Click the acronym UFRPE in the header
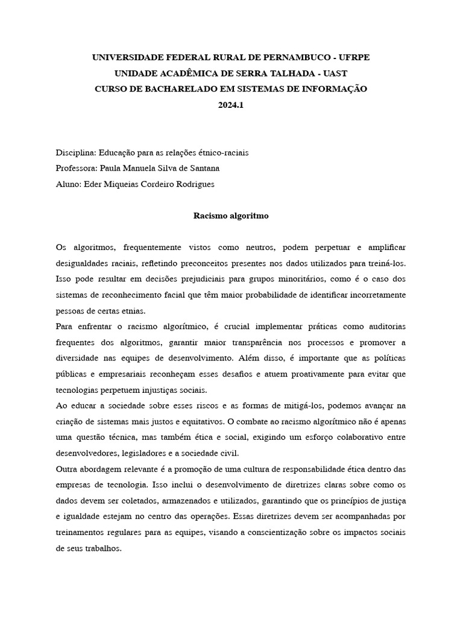[354, 57]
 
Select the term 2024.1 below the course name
[231, 104]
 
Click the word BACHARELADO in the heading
[173, 89]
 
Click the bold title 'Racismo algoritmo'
[231, 215]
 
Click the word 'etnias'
[132, 310]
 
